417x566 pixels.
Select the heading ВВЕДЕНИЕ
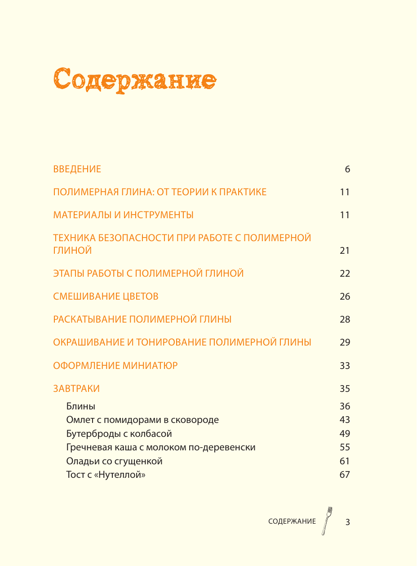pos(77,169)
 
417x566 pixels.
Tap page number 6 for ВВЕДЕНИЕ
pos(347,169)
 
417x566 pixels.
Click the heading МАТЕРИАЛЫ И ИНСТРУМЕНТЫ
pos(123,215)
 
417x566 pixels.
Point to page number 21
pos(344,251)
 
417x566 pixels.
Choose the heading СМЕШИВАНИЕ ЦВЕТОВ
pos(106,296)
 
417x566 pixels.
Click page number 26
pos(344,296)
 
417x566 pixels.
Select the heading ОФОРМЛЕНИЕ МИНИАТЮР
pos(115,365)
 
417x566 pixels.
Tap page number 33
pos(344,365)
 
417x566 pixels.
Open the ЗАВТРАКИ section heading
pos(76,388)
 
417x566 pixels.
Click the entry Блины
pos(80,406)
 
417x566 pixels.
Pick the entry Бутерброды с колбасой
pos(119,434)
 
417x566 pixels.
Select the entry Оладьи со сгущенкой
pos(114,461)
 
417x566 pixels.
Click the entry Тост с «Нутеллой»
pos(106,475)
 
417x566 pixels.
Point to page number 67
pos(344,475)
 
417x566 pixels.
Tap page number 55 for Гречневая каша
pos(344,447)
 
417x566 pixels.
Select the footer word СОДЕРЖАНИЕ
pos(292,522)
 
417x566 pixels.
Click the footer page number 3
pos(347,522)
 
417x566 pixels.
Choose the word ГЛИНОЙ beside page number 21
pos(72,251)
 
